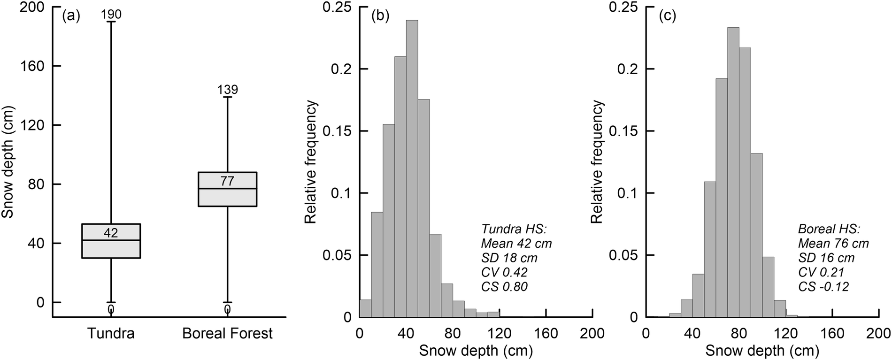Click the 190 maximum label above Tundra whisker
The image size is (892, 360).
tap(111, 15)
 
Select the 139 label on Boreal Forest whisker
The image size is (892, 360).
tap(228, 90)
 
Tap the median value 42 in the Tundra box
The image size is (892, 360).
tap(111, 233)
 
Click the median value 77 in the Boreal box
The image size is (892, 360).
tap(227, 181)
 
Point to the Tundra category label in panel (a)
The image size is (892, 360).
tap(111, 334)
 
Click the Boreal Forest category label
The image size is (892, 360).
tap(227, 334)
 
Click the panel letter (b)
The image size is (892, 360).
tap(379, 16)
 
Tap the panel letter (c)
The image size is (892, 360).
tap(667, 16)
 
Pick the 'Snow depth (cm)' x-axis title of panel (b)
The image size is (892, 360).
tap(476, 351)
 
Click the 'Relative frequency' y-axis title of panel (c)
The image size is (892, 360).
tap(598, 162)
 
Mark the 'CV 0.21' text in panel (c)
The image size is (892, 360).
tap(821, 272)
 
